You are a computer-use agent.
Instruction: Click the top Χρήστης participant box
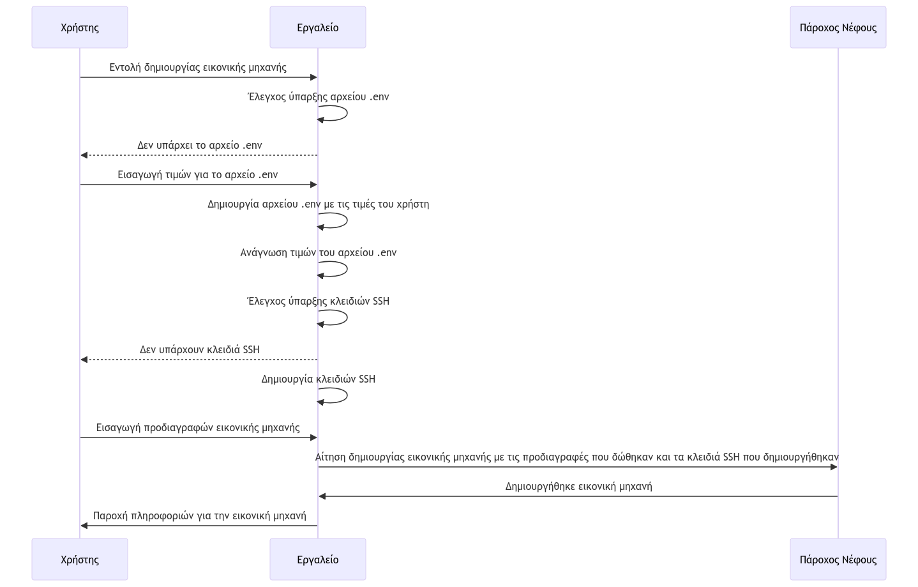(80, 27)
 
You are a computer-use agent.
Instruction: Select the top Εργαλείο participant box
(317, 27)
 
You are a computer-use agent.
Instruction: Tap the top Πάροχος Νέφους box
(838, 27)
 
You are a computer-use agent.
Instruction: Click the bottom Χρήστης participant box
(80, 560)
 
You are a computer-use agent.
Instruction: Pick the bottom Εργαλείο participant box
(317, 560)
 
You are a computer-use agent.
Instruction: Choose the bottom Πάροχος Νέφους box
(838, 560)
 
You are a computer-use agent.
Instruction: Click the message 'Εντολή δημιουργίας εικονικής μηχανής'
(198, 67)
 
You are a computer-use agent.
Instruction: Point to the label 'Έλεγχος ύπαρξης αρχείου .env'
(318, 97)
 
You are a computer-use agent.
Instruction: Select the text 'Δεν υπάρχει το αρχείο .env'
(199, 145)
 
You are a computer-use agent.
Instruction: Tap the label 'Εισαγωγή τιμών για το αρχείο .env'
(198, 174)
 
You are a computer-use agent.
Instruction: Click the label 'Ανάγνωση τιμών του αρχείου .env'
(318, 252)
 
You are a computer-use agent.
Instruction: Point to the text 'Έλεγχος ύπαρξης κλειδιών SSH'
(318, 301)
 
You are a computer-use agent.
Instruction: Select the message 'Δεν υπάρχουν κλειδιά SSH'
(199, 349)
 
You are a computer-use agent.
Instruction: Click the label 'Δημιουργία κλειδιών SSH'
(318, 379)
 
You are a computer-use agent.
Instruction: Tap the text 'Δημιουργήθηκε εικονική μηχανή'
(578, 486)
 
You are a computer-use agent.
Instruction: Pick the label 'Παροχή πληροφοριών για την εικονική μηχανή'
(199, 515)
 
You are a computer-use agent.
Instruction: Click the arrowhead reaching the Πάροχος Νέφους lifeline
(833, 467)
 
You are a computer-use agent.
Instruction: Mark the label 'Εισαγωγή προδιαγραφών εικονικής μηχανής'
(198, 427)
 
